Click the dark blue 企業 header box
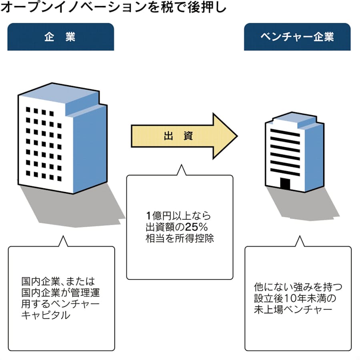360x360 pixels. pyautogui.click(x=60, y=37)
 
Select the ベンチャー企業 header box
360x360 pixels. pyautogui.click(x=297, y=37)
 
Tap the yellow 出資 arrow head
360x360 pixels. pyautogui.click(x=224, y=136)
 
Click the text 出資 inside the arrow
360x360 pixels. pyautogui.click(x=178, y=136)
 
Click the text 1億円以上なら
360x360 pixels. pyautogui.click(x=178, y=216)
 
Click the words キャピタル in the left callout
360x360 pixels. pyautogui.click(x=46, y=315)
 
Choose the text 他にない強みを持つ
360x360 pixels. pyautogui.click(x=298, y=287)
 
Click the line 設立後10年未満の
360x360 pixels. pyautogui.click(x=296, y=298)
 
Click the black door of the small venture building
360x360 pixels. pyautogui.click(x=285, y=184)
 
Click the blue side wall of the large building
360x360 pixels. pyautogui.click(x=90, y=148)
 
